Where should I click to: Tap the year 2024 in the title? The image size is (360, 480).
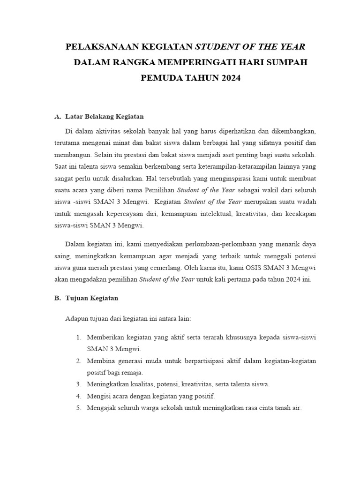tap(229, 78)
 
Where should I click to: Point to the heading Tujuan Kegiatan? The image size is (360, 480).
tap(91, 298)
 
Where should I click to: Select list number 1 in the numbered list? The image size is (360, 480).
tap(78, 337)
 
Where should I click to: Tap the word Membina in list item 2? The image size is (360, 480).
tap(100, 361)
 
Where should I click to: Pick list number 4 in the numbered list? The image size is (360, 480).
tap(78, 396)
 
